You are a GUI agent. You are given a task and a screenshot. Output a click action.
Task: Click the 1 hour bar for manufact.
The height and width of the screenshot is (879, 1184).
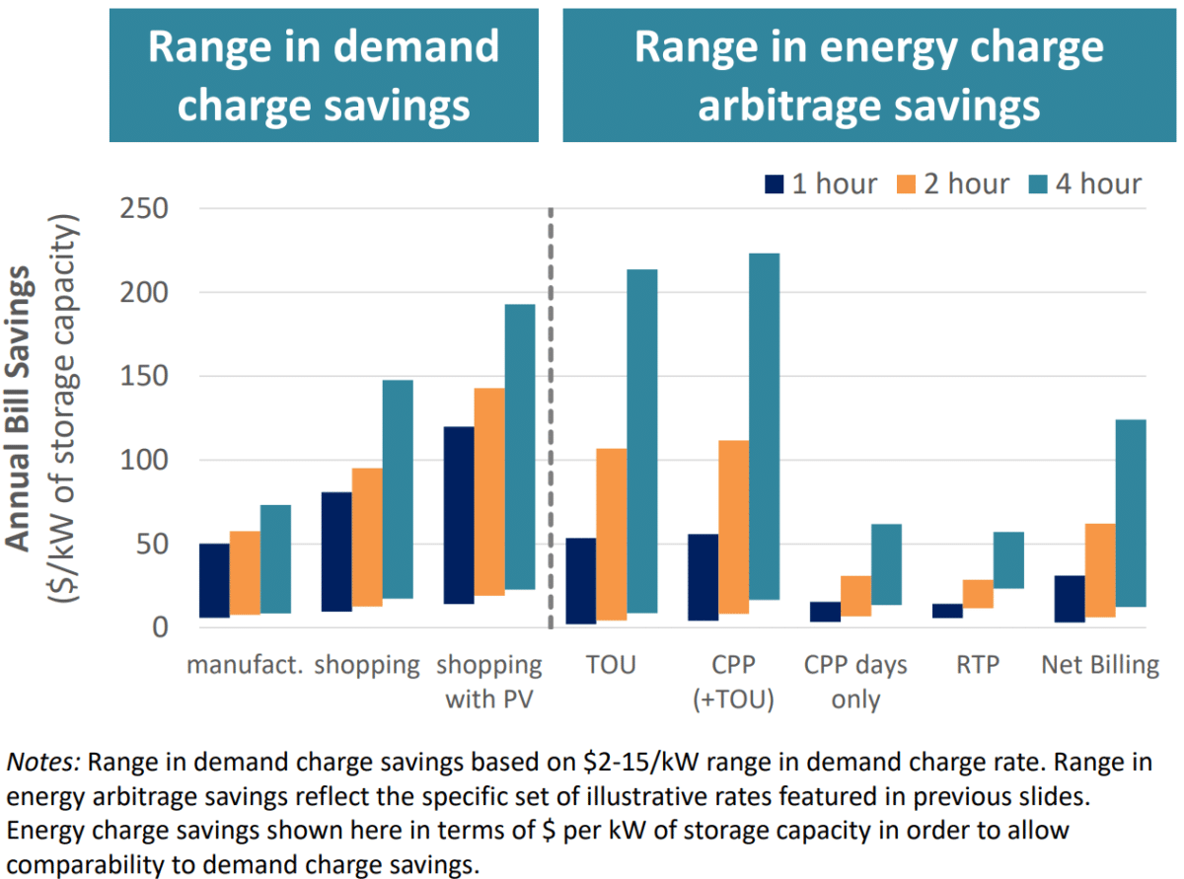pyautogui.click(x=214, y=580)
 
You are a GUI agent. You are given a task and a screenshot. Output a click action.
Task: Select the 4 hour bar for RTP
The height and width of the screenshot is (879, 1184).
pyautogui.click(x=1008, y=560)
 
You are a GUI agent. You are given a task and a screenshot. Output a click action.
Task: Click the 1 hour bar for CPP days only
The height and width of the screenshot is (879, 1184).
pyautogui.click(x=825, y=612)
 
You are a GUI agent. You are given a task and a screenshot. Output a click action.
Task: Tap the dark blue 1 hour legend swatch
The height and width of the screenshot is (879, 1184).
pyautogui.click(x=775, y=184)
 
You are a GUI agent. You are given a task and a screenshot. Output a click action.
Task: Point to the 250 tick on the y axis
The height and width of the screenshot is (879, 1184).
pyautogui.click(x=144, y=209)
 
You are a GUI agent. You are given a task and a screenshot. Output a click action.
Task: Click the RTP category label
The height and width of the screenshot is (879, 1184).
pyautogui.click(x=977, y=665)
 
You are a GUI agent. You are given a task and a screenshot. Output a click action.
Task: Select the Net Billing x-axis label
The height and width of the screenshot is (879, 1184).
pyautogui.click(x=1099, y=665)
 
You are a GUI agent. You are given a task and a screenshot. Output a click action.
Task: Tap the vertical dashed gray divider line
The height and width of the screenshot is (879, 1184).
pyautogui.click(x=550, y=414)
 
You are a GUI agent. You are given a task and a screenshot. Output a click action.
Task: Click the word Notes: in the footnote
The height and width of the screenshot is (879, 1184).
pyautogui.click(x=45, y=763)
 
